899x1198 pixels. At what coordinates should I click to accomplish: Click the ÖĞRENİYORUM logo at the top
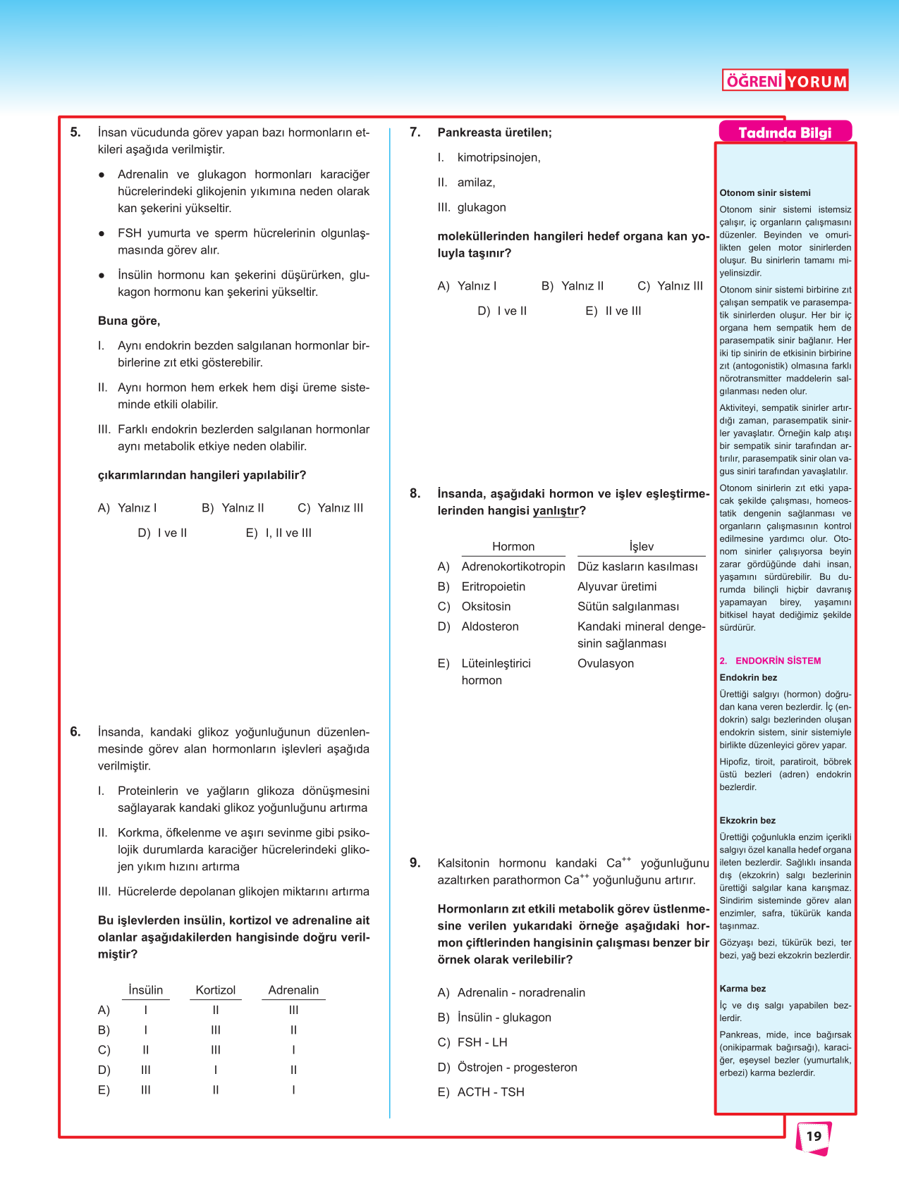[785, 81]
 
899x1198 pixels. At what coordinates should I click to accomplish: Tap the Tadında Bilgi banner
[785, 132]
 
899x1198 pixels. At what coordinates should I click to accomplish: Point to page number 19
[814, 1136]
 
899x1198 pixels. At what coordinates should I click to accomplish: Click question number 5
[75, 132]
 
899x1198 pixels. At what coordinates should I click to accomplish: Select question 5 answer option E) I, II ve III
[279, 533]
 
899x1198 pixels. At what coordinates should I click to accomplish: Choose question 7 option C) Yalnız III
[671, 285]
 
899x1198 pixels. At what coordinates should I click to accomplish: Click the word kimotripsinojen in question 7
[499, 157]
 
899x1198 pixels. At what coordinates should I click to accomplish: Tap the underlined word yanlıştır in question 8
[556, 511]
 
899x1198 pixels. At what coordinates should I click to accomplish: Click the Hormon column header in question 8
[513, 546]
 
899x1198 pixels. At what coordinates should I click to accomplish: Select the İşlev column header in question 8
[641, 546]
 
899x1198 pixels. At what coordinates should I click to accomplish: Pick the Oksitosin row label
[486, 606]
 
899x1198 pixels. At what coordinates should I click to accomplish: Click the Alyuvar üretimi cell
[616, 586]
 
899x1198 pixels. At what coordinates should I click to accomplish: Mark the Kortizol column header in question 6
[215, 990]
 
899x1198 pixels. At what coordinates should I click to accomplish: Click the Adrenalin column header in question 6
[293, 990]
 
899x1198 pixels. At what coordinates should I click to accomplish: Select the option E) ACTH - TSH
[482, 1092]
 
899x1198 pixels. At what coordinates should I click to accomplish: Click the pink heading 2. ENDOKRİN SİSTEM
[771, 661]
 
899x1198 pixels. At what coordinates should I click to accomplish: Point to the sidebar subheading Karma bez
[742, 989]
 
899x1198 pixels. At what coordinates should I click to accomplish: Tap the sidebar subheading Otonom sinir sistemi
[764, 193]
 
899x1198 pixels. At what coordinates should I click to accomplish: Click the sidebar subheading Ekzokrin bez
[747, 820]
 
